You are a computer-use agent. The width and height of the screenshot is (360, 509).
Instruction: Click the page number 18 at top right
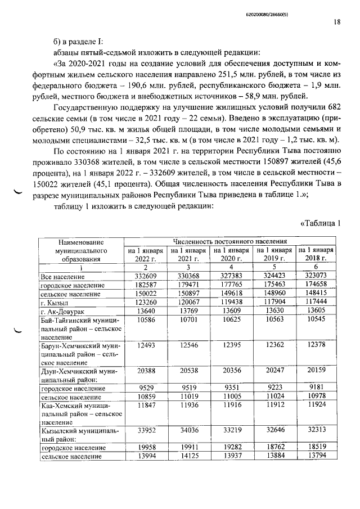coord(336,22)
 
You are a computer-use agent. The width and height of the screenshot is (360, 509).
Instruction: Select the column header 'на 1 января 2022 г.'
coord(145,254)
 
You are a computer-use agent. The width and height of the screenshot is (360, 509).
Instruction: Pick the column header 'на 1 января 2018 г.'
coord(316,254)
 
